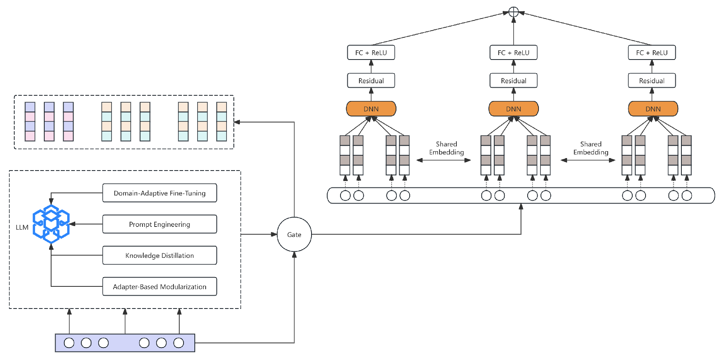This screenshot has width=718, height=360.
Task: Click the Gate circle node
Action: click(294, 235)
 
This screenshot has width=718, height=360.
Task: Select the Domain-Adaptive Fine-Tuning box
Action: click(159, 193)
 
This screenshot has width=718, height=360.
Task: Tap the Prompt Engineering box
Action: click(159, 224)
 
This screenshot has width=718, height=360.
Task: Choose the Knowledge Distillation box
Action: click(159, 255)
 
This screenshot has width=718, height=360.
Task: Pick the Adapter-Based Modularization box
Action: click(159, 286)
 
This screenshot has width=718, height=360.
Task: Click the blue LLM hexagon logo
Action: click(51, 224)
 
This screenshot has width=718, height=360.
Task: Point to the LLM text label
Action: click(22, 227)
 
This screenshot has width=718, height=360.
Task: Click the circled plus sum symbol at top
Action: click(513, 12)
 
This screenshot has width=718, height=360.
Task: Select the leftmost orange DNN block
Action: click(371, 109)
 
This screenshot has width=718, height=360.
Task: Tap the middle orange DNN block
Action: click(513, 109)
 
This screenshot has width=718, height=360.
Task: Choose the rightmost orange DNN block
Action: click(653, 109)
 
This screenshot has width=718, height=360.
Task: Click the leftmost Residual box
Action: click(371, 80)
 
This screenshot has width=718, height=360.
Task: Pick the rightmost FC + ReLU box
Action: click(652, 53)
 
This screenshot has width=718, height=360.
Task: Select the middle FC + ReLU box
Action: click(513, 53)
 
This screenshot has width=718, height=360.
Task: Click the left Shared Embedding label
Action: click(446, 148)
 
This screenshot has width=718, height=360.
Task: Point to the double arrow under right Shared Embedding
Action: click(588, 160)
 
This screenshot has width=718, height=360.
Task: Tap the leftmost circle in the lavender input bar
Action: click(69, 343)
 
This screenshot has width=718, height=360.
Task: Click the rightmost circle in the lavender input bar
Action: click(178, 343)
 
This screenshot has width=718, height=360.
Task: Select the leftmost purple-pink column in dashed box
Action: click(30, 121)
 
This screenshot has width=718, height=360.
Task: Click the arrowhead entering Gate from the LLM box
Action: click(274, 234)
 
